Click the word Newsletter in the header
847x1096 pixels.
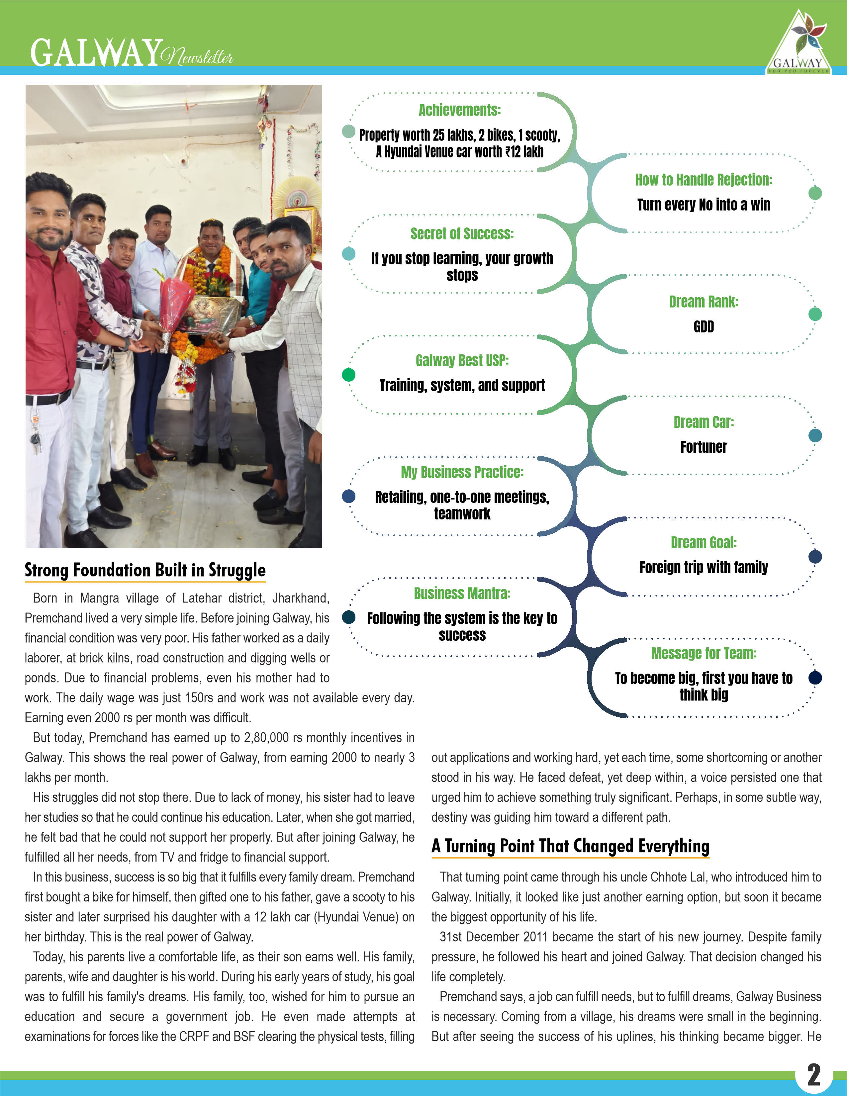197,57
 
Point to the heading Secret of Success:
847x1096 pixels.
462,234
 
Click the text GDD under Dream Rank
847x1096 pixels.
704,327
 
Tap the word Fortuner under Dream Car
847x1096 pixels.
704,447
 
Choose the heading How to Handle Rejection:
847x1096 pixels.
704,180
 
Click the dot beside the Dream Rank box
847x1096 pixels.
815,314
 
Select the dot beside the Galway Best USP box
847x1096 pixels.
348,375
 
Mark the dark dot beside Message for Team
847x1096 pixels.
815,678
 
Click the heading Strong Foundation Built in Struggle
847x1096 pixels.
145,571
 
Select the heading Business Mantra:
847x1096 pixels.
462,594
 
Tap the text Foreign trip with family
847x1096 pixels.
704,568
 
